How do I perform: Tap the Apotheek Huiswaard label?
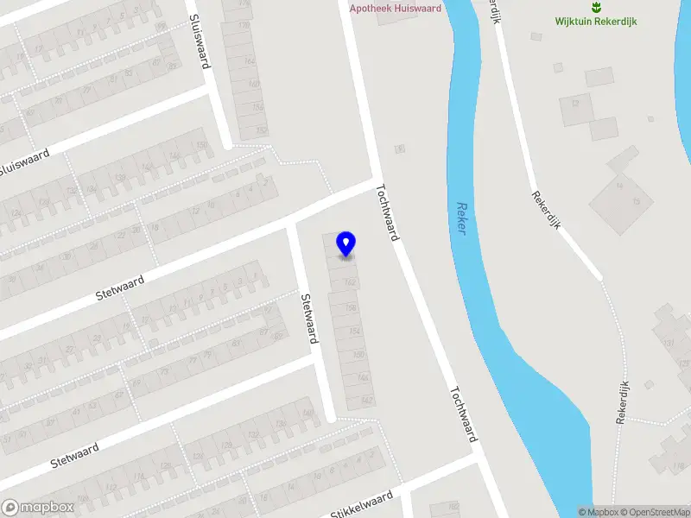395,9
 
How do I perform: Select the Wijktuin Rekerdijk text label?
596,22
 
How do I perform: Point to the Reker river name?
461,220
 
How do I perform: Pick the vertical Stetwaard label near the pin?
306,318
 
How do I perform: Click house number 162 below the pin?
350,282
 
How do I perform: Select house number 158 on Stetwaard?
352,307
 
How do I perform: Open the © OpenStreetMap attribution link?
654,512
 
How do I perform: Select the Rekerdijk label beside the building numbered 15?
547,209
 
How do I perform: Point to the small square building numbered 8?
400,149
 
